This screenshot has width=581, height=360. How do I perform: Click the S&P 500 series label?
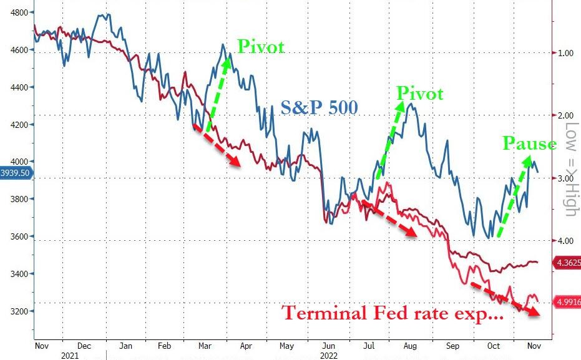coord(319,107)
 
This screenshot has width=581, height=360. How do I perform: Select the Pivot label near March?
coord(260,46)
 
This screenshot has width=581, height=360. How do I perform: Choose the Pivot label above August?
coord(420,94)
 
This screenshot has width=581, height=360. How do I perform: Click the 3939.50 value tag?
coord(14,173)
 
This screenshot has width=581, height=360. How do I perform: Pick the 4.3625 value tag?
coord(567,263)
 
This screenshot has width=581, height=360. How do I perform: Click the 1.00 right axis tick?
coord(565,53)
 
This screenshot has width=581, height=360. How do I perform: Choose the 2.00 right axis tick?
coord(565,115)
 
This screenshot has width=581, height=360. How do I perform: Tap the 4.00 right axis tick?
coord(565,240)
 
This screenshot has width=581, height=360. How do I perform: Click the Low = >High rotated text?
coord(570,169)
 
